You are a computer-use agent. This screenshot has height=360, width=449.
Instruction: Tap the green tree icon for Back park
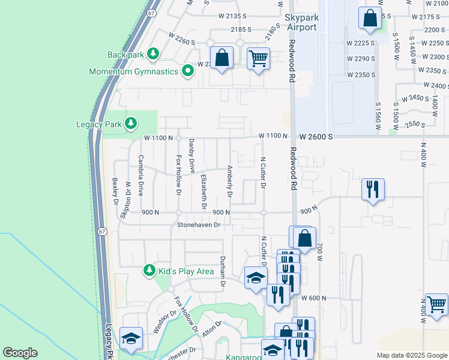tap(153, 55)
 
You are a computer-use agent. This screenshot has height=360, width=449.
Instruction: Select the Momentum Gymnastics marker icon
tap(188, 71)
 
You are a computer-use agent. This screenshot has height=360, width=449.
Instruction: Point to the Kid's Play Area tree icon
tap(149, 271)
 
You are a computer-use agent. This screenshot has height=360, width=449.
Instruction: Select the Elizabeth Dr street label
tap(204, 191)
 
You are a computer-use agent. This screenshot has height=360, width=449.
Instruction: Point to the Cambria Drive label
tap(140, 176)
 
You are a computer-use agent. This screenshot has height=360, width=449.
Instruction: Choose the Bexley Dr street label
tap(115, 191)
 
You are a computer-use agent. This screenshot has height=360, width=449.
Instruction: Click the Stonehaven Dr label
tap(199, 225)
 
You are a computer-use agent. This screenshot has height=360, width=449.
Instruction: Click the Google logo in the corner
tap(20, 353)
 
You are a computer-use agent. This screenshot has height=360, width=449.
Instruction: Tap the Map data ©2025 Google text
tap(411, 355)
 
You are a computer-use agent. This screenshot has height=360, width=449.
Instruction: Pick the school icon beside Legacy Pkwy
tap(131, 338)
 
